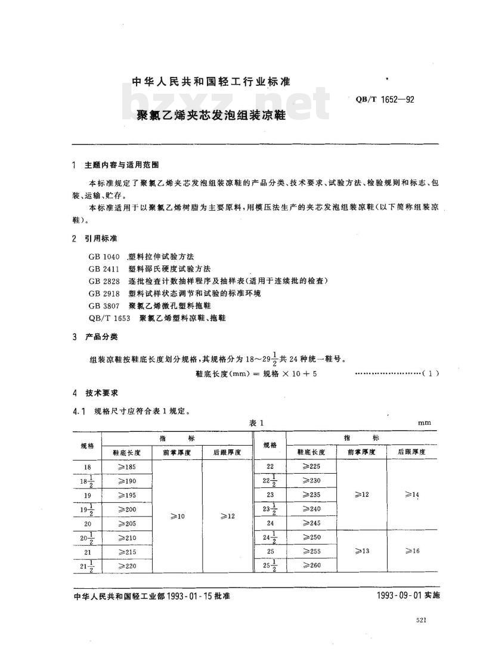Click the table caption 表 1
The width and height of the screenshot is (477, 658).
(x=256, y=422)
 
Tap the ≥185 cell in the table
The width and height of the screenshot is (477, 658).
(x=128, y=467)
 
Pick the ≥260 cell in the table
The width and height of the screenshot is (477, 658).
(x=311, y=565)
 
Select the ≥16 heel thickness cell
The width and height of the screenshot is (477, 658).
(x=412, y=551)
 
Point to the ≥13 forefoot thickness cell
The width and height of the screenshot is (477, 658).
(x=362, y=551)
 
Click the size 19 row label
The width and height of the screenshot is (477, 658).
(x=87, y=495)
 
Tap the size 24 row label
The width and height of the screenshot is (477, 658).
(x=270, y=523)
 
